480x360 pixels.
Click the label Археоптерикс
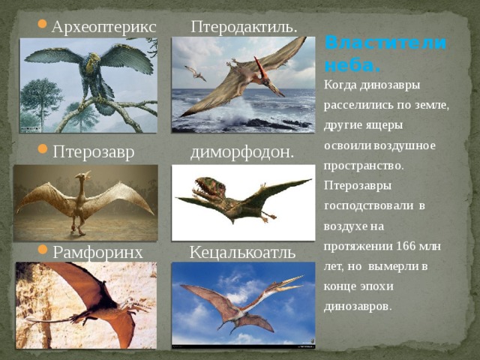[x=104, y=28]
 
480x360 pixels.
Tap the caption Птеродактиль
[x=244, y=27]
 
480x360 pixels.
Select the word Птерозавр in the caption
[x=94, y=152]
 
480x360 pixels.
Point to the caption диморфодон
[x=242, y=152]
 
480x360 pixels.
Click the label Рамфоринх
[x=98, y=253]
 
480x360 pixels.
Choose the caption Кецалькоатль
[x=242, y=252]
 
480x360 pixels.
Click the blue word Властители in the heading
[x=385, y=43]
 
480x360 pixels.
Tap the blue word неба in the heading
[x=352, y=64]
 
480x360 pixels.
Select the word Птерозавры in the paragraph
[x=358, y=185]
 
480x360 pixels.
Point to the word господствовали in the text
[x=368, y=205]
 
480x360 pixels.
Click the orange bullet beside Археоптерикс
[x=43, y=23]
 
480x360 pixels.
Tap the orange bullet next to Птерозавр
[x=43, y=148]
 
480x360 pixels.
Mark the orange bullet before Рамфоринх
[x=43, y=249]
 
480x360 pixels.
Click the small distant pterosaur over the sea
[x=195, y=73]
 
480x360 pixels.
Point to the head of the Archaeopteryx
[x=94, y=58]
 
